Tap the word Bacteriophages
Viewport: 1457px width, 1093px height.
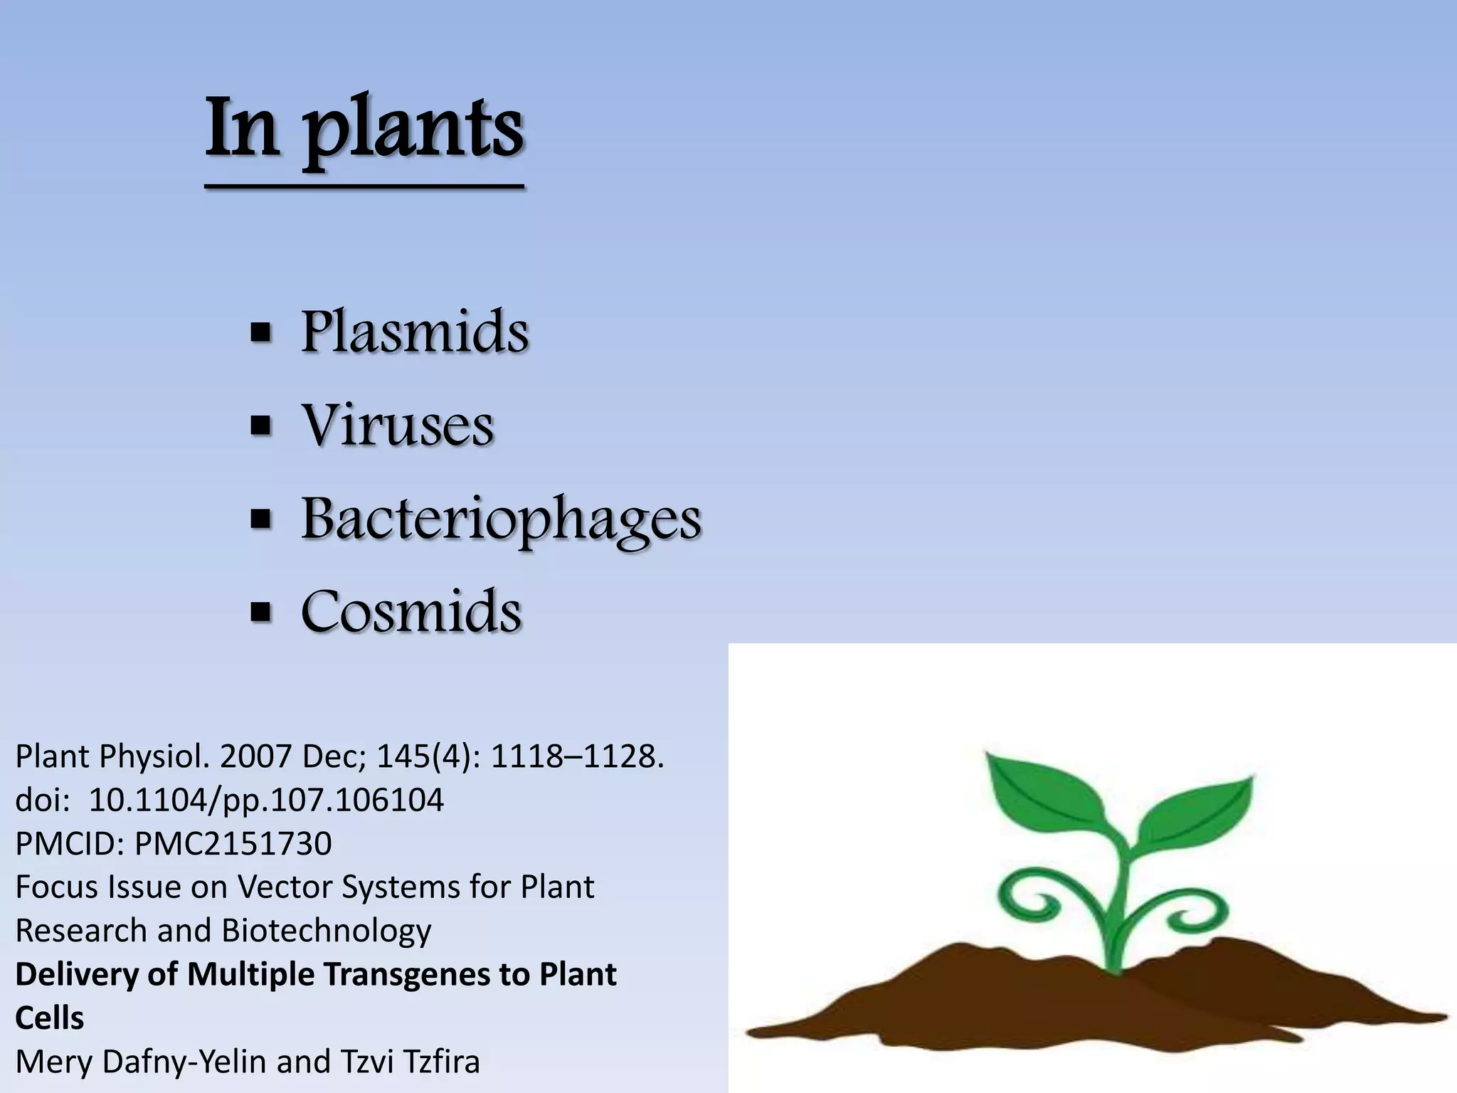[501, 519]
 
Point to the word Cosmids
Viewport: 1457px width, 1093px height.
[411, 612]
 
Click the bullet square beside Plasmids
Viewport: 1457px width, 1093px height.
[261, 332]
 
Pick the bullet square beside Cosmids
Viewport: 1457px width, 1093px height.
[261, 612]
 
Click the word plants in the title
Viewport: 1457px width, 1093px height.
[415, 130]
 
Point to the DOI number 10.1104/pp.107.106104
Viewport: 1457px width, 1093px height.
[266, 800]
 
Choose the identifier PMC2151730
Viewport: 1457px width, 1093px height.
[233, 844]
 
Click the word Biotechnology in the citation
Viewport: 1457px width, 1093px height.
[327, 931]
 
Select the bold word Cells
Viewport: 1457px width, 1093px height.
[49, 1018]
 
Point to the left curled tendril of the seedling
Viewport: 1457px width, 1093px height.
[1032, 900]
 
